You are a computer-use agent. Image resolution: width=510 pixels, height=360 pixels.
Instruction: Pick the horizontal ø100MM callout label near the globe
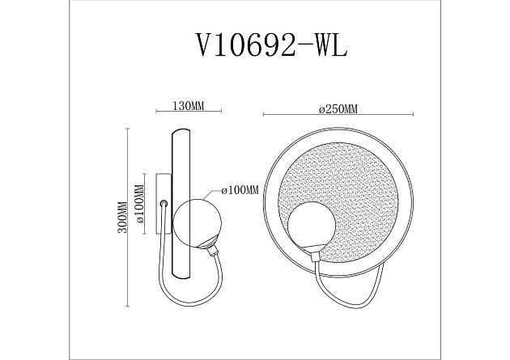240,190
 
